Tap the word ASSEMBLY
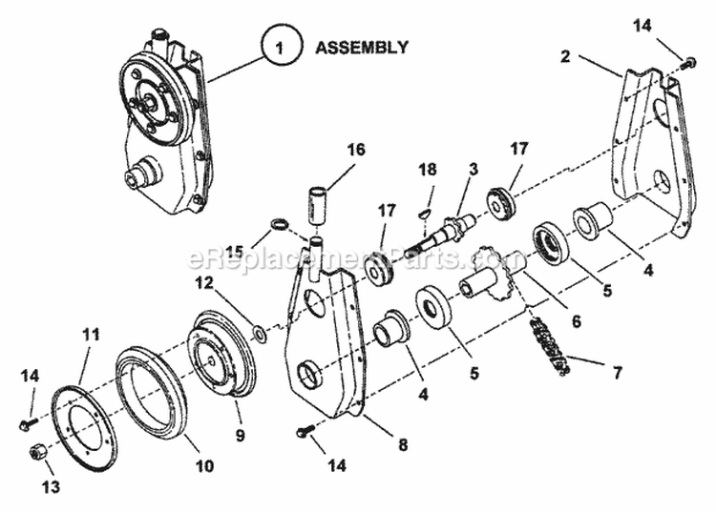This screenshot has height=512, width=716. tap(362, 46)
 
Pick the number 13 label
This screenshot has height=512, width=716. tap(50, 487)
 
